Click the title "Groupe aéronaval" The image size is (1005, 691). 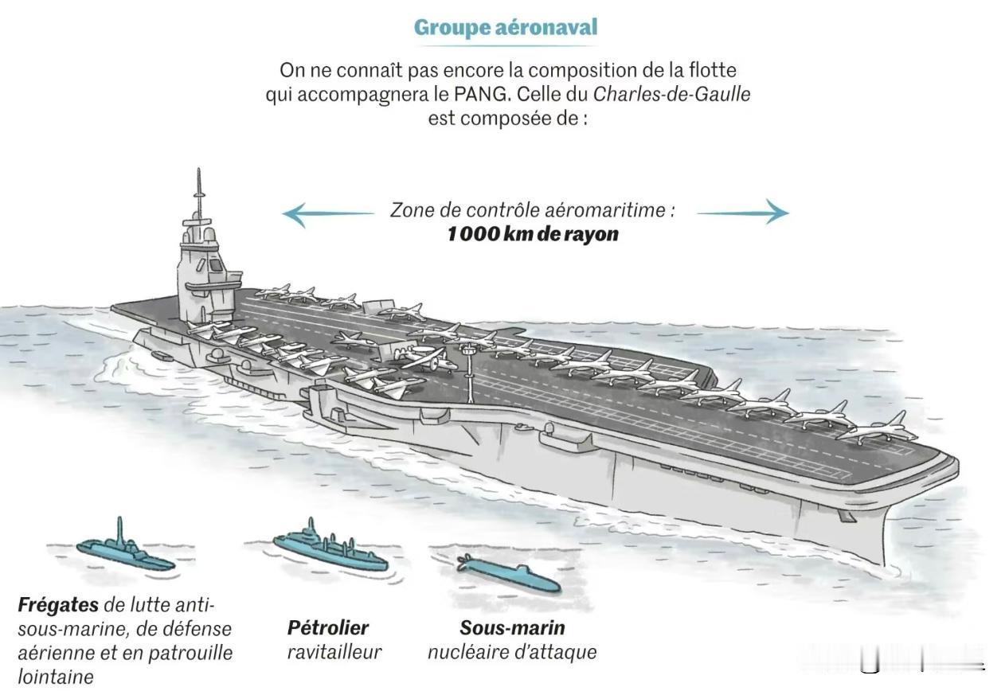point(506,27)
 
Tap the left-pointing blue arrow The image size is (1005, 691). point(328,214)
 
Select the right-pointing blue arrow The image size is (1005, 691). point(743,212)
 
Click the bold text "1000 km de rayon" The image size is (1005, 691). point(533,234)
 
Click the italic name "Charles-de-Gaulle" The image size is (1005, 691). point(671,94)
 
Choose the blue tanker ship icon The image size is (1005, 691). point(330,549)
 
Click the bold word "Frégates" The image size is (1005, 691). point(58,606)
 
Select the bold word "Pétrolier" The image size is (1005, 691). point(328,628)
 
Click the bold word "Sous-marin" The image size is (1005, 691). point(512,628)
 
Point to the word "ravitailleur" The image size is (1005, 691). point(334,652)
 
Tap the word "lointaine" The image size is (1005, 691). point(56,677)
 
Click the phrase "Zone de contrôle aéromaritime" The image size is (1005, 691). point(529,210)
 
